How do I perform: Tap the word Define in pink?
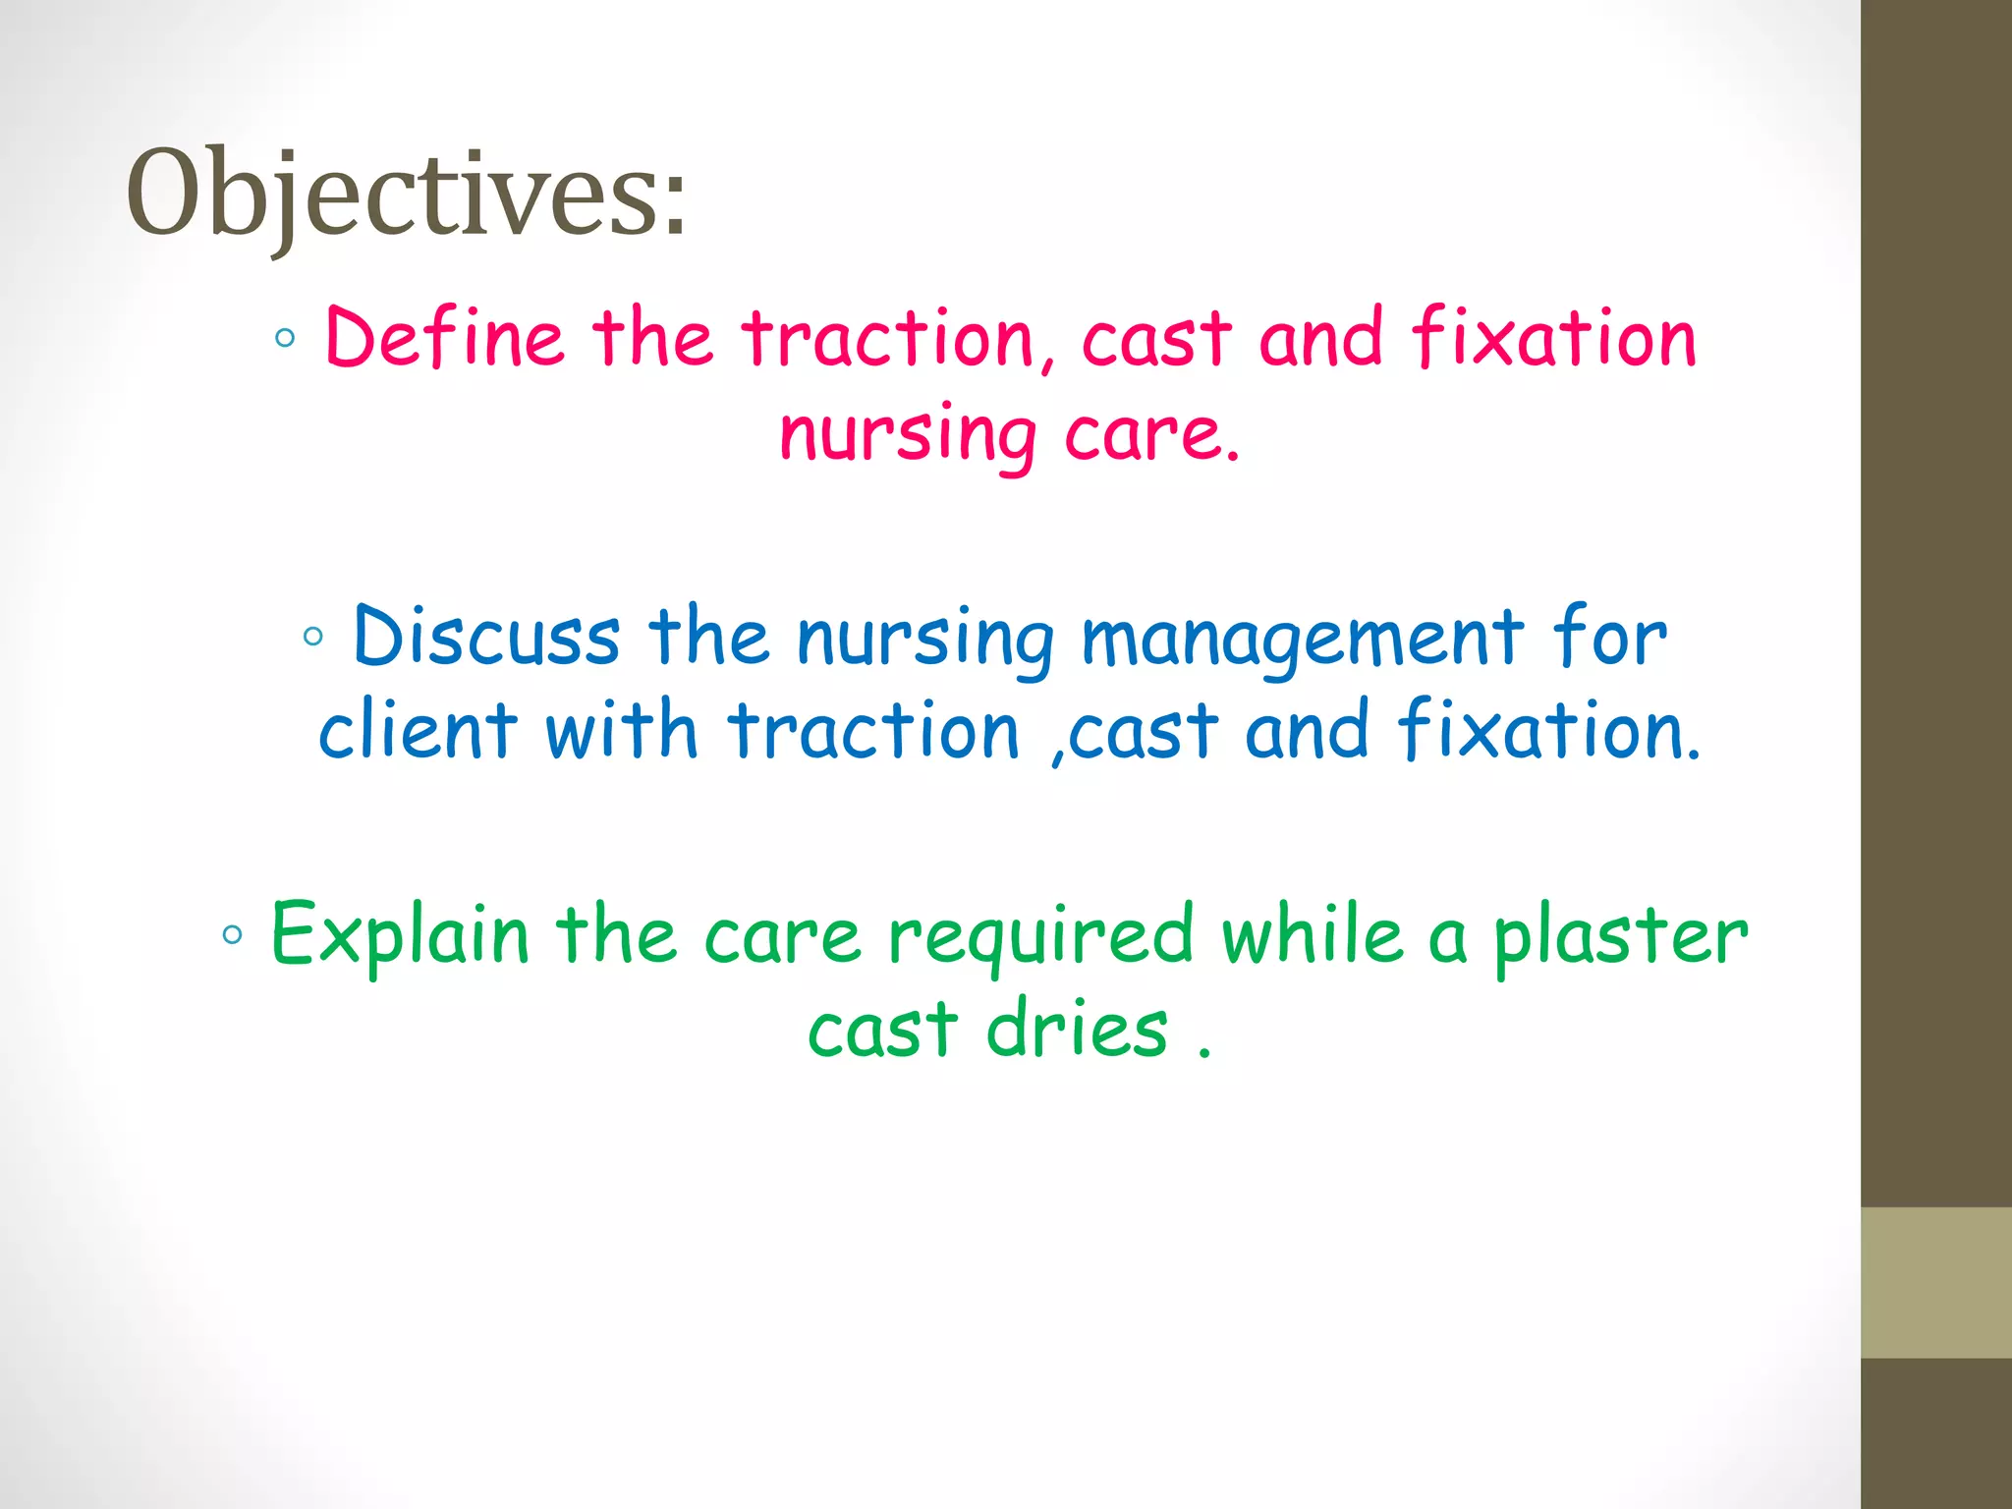tap(444, 339)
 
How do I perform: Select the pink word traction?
tap(899, 339)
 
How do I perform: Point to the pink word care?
tap(1150, 434)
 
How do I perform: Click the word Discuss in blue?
tap(486, 637)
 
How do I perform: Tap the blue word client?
tap(418, 732)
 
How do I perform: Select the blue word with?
tap(621, 732)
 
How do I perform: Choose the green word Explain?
tap(400, 935)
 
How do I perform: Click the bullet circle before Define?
tap(285, 339)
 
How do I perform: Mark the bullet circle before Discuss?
tap(312, 637)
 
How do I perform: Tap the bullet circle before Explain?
tap(232, 934)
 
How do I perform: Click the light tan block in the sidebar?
tap(1935, 1282)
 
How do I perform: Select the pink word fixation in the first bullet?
tap(1554, 339)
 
